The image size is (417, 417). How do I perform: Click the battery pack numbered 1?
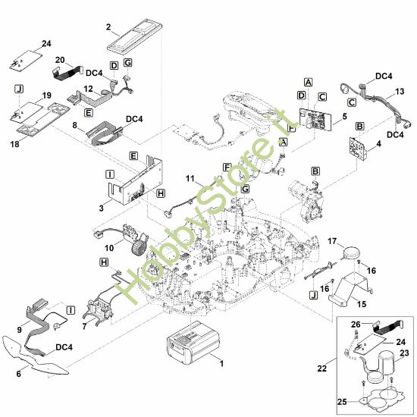click(x=193, y=343)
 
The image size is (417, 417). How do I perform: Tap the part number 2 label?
click(x=108, y=27)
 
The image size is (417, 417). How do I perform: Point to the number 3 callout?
click(x=101, y=208)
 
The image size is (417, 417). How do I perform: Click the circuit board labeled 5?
click(x=315, y=119)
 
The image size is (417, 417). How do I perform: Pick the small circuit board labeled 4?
click(x=358, y=148)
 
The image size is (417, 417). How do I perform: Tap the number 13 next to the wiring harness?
click(x=400, y=92)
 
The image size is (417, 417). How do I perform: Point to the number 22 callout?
click(x=321, y=368)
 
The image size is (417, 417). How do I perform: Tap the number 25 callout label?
click(x=342, y=402)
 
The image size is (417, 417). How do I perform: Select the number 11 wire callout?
click(x=190, y=178)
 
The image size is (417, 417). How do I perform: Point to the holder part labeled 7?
click(x=99, y=310)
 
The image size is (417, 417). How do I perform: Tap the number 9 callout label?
click(x=19, y=330)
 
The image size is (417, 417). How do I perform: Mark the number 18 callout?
click(x=15, y=144)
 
